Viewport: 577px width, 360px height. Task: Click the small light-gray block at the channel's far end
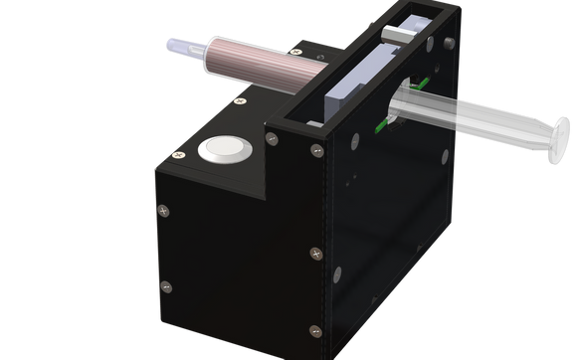(398, 33)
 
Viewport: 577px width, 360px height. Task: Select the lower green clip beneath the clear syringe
(382, 127)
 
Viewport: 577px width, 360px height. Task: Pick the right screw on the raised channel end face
(316, 150)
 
